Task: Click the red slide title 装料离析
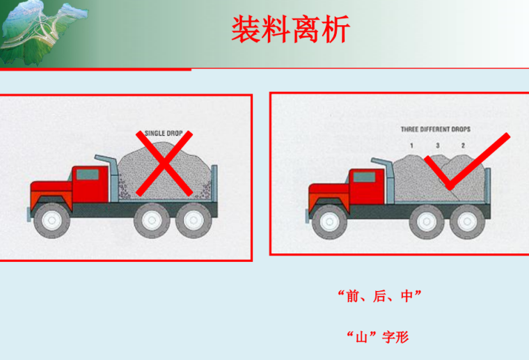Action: (x=290, y=29)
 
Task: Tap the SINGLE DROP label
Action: (x=164, y=133)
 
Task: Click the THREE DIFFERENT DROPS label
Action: (x=435, y=130)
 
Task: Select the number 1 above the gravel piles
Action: (x=411, y=146)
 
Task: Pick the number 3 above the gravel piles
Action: (x=438, y=146)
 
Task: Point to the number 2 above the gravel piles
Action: (x=463, y=146)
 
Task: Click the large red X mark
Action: (x=164, y=164)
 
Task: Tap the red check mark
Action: (x=467, y=162)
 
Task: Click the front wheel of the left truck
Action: (x=52, y=220)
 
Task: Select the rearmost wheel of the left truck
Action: (x=194, y=220)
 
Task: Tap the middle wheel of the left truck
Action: (x=152, y=220)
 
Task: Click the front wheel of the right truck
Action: (x=330, y=221)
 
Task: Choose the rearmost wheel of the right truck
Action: (x=467, y=221)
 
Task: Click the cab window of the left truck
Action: (x=88, y=175)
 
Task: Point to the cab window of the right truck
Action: (x=364, y=177)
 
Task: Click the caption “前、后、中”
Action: (x=379, y=296)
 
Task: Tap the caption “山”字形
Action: (x=378, y=337)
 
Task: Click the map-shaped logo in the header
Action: (x=44, y=33)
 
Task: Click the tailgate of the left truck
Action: (x=214, y=183)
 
